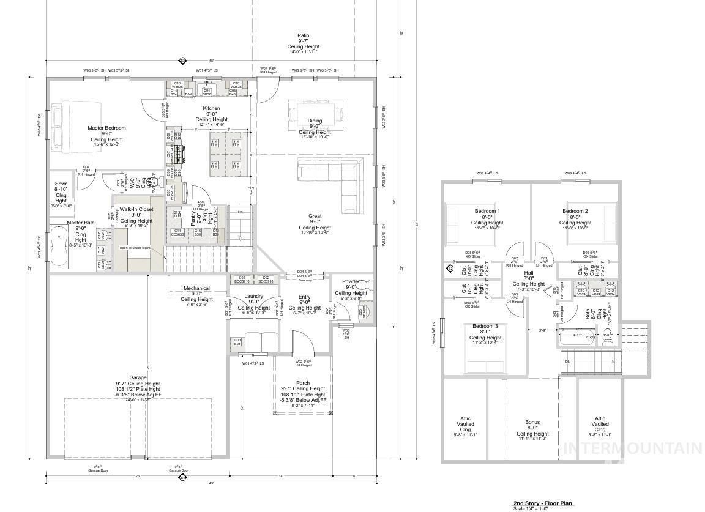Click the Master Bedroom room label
106,128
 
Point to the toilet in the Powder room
362,285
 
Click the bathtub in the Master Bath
59,247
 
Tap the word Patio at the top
303,36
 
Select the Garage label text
138,377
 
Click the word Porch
303,383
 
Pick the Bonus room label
532,422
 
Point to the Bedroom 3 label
485,326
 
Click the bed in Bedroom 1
454,224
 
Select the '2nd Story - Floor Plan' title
543,503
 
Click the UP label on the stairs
240,213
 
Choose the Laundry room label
253,296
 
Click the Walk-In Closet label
136,209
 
